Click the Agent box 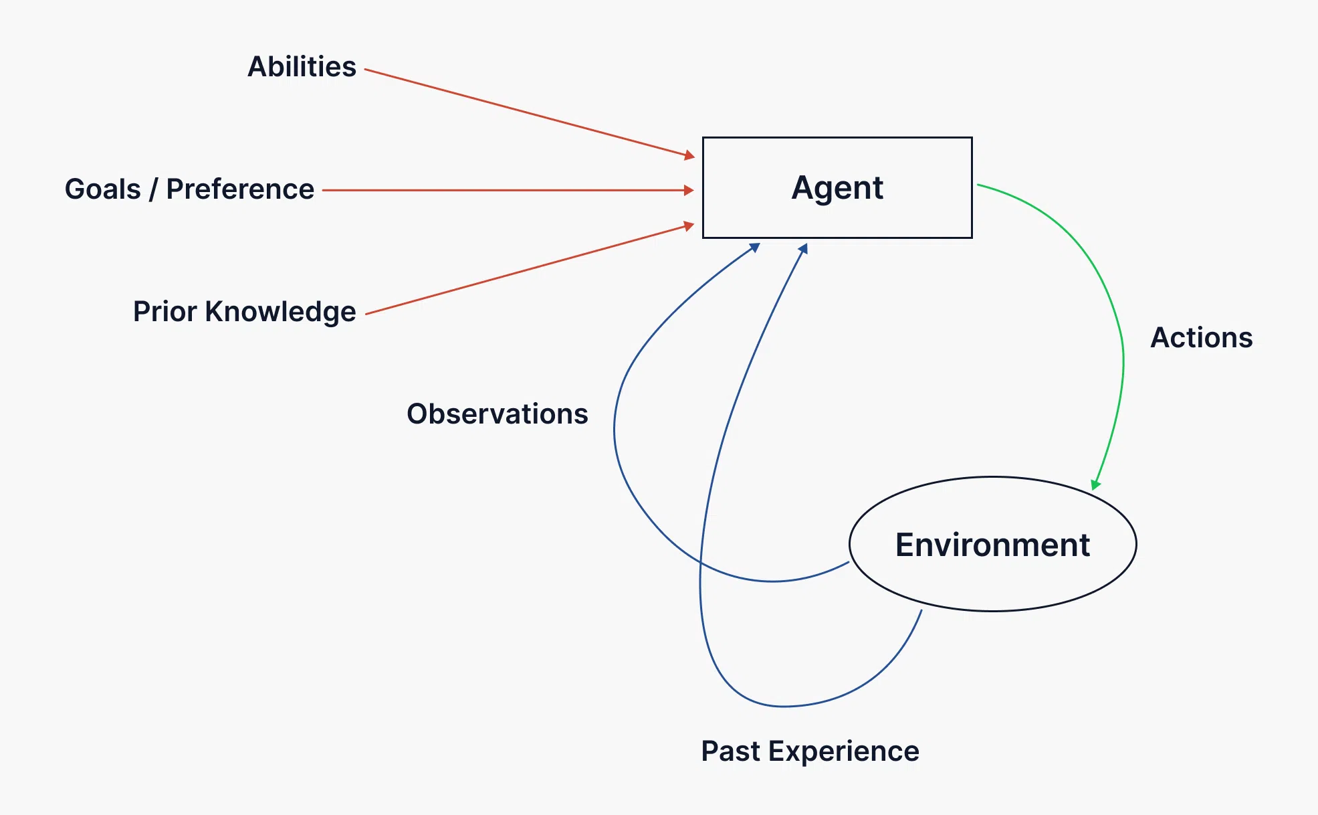click(x=837, y=187)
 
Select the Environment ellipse click(x=992, y=544)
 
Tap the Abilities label click(x=302, y=67)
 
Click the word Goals click(x=102, y=189)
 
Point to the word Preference click(x=240, y=189)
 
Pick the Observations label click(x=497, y=414)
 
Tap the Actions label click(x=1201, y=338)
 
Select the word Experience click(x=844, y=751)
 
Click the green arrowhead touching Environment click(x=1095, y=484)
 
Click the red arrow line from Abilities click(x=528, y=112)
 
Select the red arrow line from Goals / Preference click(x=508, y=190)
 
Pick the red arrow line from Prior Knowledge click(x=528, y=270)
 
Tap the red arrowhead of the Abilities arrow click(x=689, y=156)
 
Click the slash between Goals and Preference click(x=153, y=189)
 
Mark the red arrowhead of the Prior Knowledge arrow click(x=689, y=226)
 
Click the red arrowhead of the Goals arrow click(x=689, y=190)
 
